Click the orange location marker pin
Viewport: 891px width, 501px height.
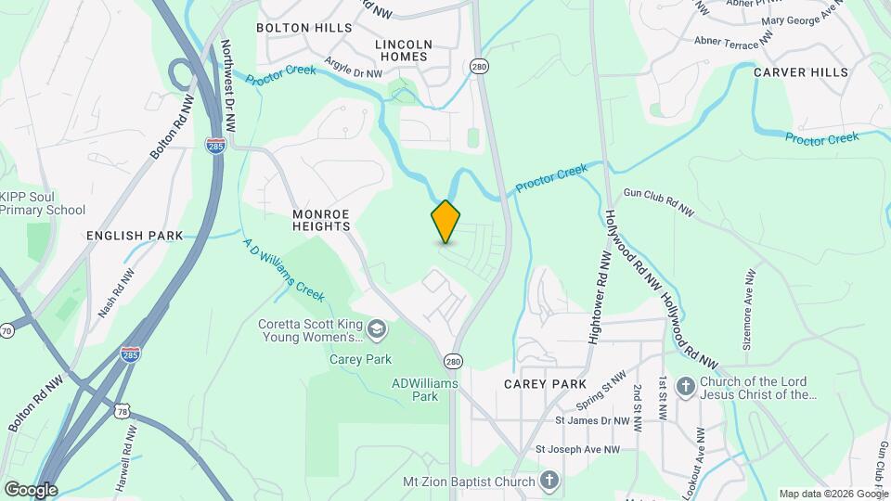(445, 222)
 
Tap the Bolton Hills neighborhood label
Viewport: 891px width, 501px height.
(304, 28)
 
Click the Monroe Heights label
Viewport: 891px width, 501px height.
(321, 219)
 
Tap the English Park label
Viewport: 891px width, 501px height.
(135, 236)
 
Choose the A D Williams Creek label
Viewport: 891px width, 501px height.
(283, 269)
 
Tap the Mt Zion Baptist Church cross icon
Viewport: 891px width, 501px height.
(549, 481)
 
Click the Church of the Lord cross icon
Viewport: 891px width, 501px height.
(685, 385)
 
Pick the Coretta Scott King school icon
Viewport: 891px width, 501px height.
(377, 328)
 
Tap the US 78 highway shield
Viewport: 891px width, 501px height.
(123, 409)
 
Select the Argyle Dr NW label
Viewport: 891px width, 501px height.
(353, 67)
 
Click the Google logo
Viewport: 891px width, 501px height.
(31, 489)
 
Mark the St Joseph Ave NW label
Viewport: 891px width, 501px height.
(577, 450)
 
